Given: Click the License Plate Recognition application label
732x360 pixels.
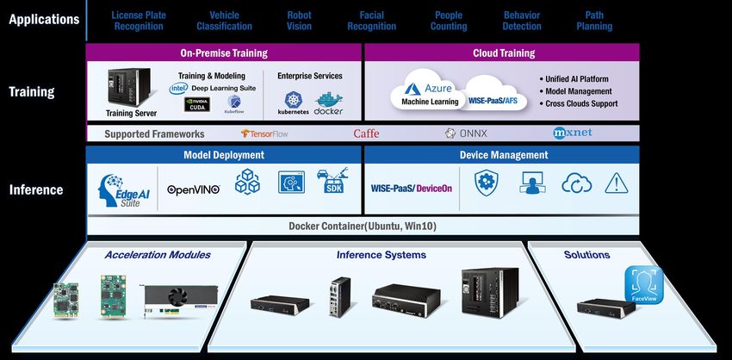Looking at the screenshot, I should pos(138,21).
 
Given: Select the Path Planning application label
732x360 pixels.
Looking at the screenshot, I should pos(594,21).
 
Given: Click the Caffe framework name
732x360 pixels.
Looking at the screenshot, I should pos(366,133).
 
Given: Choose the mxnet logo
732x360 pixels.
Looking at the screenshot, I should pos(572,133).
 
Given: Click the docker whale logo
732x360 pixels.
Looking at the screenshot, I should pos(329,102).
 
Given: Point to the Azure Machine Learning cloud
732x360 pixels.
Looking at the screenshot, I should pos(428,92).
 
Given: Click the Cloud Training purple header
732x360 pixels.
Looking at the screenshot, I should pos(503,53).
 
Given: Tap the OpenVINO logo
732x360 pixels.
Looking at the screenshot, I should pos(193,189).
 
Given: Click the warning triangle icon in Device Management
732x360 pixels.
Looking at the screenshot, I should pos(616,183).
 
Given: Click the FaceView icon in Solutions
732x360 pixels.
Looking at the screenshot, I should pos(642,284).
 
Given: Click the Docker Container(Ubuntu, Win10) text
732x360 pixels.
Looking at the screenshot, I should pos(363,226).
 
